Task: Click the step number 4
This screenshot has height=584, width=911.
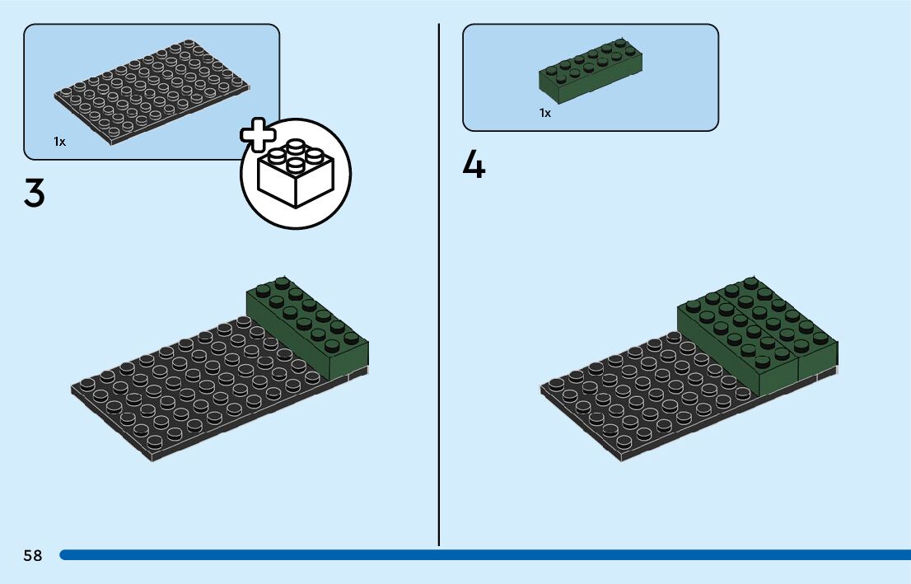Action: tap(474, 165)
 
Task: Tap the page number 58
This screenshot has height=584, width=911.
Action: tap(33, 555)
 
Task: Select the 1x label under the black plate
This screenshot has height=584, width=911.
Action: tap(59, 142)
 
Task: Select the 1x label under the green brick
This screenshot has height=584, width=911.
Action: tap(545, 113)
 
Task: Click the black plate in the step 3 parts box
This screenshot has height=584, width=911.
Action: tap(152, 91)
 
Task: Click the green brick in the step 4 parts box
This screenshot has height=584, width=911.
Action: tap(591, 72)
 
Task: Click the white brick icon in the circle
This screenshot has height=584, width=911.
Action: tap(295, 175)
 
